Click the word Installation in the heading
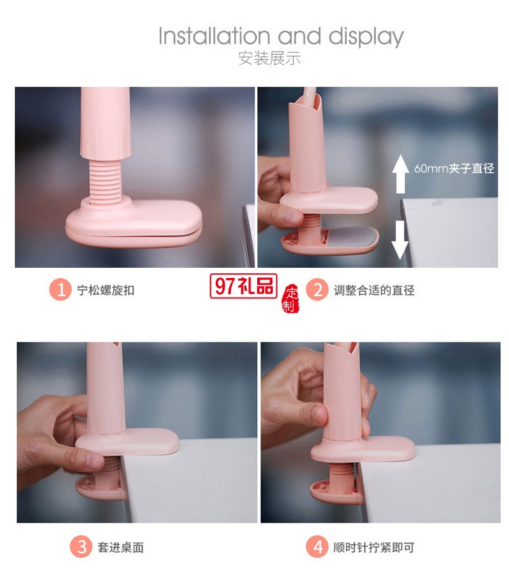[x=214, y=36]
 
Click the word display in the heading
[x=366, y=37]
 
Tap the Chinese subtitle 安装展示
[x=269, y=58]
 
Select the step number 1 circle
[x=60, y=290]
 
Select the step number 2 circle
[x=316, y=290]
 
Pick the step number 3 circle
[x=80, y=547]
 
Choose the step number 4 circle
[x=316, y=547]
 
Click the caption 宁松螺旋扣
[x=106, y=290]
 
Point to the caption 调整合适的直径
[x=373, y=290]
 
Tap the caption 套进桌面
[x=120, y=547]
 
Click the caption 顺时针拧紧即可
[x=373, y=547]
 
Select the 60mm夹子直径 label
[x=454, y=168]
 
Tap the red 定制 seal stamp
[x=290, y=299]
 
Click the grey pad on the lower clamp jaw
[x=354, y=237]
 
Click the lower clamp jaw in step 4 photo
[x=333, y=490]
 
